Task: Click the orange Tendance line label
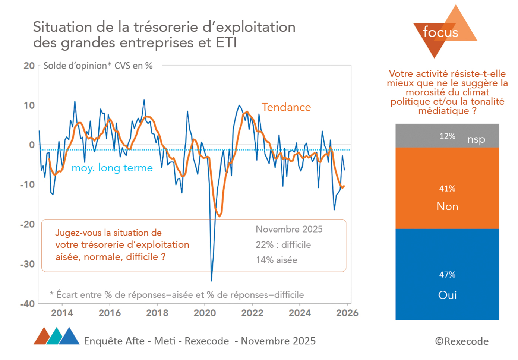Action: pos(286,107)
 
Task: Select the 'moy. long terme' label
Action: pos(112,168)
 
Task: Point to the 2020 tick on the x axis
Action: pos(205,313)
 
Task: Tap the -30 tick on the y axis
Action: pos(27,264)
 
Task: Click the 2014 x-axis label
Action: pos(62,313)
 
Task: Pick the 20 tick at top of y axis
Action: pos(29,66)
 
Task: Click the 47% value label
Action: pos(447,275)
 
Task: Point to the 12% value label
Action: pos(447,136)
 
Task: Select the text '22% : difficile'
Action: pos(283,245)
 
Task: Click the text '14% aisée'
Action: pos(276,260)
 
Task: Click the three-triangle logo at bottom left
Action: pos(56,337)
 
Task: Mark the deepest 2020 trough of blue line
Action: pos(211,280)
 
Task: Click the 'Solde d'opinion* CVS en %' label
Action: pos(98,66)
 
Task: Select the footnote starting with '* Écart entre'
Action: pos(177,295)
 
